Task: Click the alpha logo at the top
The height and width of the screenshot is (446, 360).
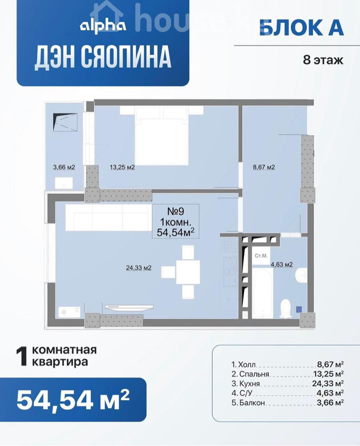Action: [x=103, y=26]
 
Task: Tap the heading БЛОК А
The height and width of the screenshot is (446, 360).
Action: [x=301, y=28]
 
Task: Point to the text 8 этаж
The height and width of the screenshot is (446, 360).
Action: [x=323, y=60]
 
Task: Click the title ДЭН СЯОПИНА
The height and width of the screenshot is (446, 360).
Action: [x=103, y=57]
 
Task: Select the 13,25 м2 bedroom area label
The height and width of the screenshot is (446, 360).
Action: [x=122, y=167]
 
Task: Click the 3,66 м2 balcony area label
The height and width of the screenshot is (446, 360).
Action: [x=64, y=167]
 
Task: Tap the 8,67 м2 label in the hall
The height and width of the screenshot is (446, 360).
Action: [x=264, y=167]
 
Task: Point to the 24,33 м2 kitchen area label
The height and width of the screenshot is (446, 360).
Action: [x=138, y=268]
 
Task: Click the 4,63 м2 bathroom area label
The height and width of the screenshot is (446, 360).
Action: [x=282, y=265]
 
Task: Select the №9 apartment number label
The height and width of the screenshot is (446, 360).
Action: [x=176, y=211]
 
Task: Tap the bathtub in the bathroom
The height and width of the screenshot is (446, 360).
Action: [x=262, y=293]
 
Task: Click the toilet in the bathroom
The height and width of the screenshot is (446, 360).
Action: [x=285, y=308]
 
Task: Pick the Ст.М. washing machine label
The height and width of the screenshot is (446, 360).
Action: [x=261, y=256]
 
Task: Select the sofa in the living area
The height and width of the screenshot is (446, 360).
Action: [x=109, y=218]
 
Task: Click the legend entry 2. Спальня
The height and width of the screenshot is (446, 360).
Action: [x=250, y=374]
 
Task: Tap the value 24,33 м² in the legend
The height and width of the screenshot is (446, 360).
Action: [x=328, y=384]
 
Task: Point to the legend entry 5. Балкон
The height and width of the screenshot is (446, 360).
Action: [x=248, y=403]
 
